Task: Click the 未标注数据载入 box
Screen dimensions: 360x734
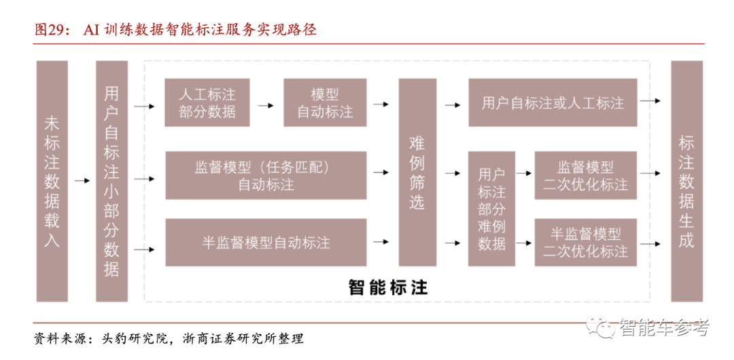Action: click(x=52, y=181)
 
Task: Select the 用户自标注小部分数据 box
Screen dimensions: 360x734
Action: click(x=112, y=181)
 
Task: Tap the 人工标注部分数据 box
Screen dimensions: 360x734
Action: click(x=207, y=103)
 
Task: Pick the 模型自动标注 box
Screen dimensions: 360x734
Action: click(x=325, y=103)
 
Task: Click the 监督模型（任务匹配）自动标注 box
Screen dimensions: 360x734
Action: click(x=266, y=175)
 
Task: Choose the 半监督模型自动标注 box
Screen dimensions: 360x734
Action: click(x=266, y=242)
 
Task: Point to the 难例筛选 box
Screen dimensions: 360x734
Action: click(x=417, y=173)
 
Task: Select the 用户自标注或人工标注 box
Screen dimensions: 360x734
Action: click(x=553, y=103)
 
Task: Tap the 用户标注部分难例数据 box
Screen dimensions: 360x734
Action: click(x=491, y=209)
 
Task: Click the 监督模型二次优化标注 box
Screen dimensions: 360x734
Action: click(x=586, y=175)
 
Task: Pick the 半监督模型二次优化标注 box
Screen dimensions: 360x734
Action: click(x=586, y=242)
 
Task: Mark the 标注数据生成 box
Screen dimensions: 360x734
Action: click(x=686, y=181)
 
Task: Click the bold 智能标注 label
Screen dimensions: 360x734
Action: click(x=388, y=287)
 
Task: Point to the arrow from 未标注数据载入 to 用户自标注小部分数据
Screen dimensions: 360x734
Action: click(x=82, y=181)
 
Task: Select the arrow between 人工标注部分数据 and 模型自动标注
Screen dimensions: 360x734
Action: click(x=266, y=105)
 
